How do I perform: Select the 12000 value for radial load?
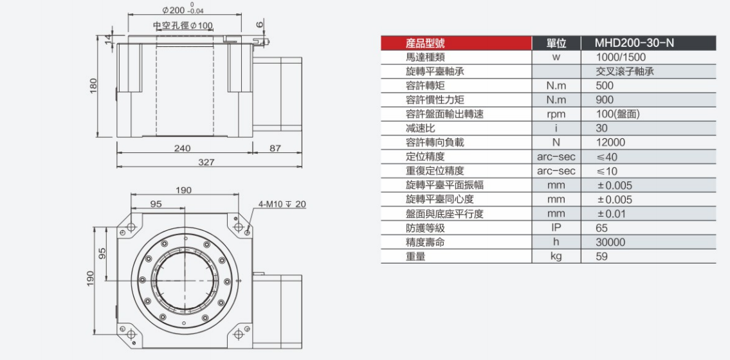[609, 143]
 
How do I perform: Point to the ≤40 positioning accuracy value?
[607, 157]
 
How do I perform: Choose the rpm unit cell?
[557, 114]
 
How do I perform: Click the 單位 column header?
[557, 44]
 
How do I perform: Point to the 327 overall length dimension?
[206, 162]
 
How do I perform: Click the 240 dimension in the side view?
[183, 148]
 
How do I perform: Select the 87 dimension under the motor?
[275, 148]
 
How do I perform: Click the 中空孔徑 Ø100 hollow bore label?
[183, 25]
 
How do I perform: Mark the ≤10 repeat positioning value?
[607, 171]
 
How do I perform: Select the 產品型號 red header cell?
[425, 44]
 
